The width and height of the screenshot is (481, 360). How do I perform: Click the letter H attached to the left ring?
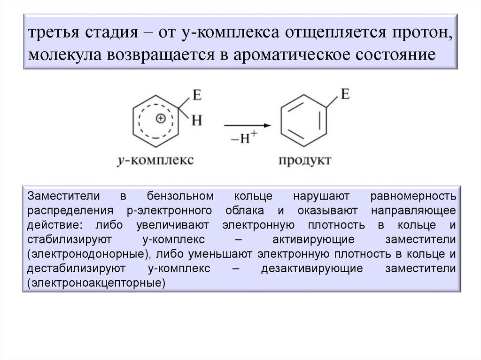click(197, 121)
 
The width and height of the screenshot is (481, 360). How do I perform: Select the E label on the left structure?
click(196, 96)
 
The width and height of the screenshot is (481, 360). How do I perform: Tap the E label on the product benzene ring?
click(344, 94)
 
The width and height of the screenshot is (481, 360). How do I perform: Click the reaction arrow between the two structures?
click(247, 125)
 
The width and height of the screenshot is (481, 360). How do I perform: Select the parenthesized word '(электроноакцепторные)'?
click(97, 283)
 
